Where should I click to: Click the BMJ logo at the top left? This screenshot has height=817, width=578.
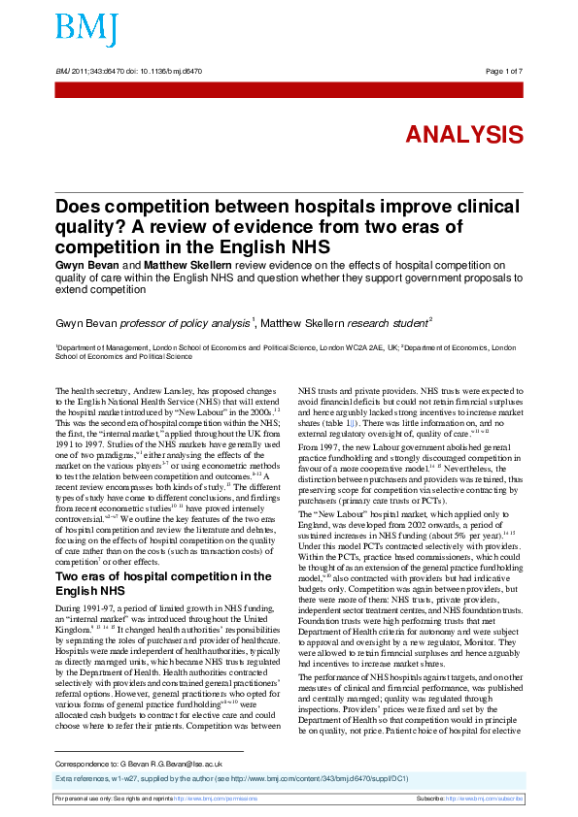[x=86, y=29]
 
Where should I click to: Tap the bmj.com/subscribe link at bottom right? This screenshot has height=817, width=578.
[x=492, y=798]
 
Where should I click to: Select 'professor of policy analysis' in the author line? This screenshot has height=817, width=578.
[x=187, y=321]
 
